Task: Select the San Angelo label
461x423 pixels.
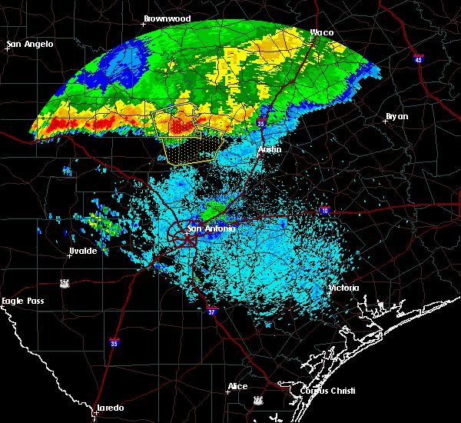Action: (x=30, y=44)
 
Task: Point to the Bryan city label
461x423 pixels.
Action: (x=396, y=116)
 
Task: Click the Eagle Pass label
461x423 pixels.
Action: (x=22, y=301)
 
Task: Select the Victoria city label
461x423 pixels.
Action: (x=344, y=288)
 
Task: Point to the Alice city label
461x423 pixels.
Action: (x=237, y=386)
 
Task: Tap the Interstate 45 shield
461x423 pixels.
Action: (x=419, y=59)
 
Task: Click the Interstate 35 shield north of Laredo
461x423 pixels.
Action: (x=114, y=343)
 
